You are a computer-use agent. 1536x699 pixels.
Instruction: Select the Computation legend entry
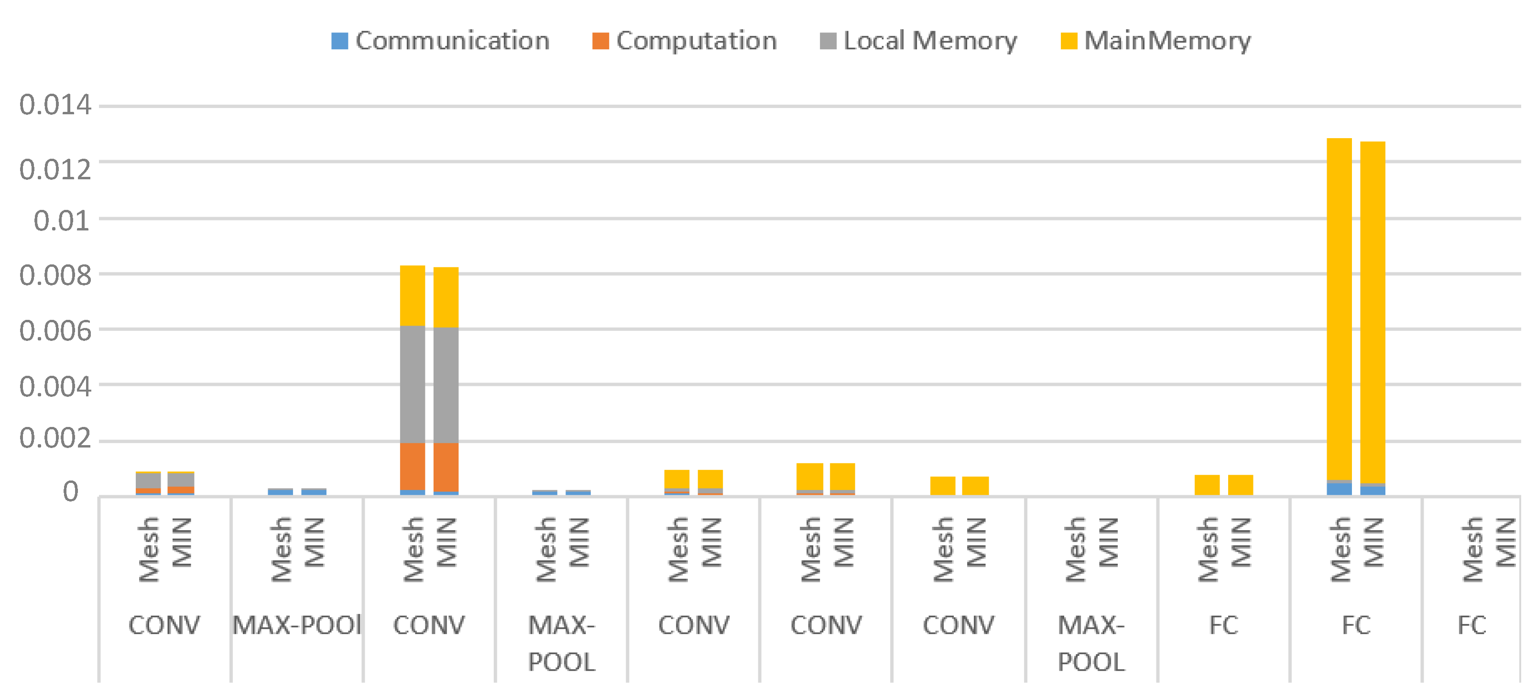[x=685, y=41]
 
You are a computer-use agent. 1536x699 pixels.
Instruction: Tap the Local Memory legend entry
[x=918, y=41]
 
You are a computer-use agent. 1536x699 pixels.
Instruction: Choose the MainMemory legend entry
[x=1155, y=41]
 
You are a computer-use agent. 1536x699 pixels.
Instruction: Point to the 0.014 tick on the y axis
[x=55, y=106]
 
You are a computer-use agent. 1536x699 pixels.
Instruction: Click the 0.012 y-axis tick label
[x=55, y=170]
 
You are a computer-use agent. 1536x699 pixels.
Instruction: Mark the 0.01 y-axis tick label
[x=61, y=221]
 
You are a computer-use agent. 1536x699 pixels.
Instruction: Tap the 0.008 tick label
[x=55, y=275]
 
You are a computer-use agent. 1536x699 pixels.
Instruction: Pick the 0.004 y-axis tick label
[x=55, y=387]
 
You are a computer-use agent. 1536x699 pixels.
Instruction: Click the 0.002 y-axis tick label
[x=55, y=439]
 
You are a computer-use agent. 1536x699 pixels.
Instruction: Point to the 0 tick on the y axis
[x=70, y=492]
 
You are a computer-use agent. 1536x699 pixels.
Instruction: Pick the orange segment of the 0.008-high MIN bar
[x=446, y=467]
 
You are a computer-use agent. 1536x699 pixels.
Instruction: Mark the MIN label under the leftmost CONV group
[x=183, y=542]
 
